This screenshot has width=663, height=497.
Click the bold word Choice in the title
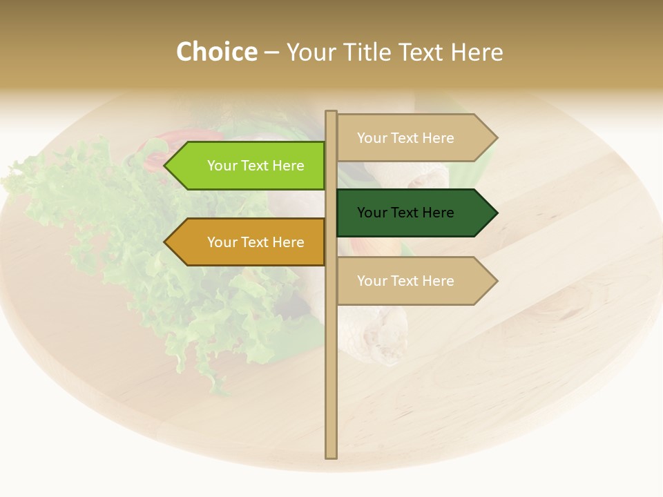coord(216,52)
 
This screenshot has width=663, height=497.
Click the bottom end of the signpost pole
coord(331,456)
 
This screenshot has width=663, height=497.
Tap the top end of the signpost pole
coord(331,113)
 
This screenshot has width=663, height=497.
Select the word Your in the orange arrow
coord(222,242)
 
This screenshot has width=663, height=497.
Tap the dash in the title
coord(271,53)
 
